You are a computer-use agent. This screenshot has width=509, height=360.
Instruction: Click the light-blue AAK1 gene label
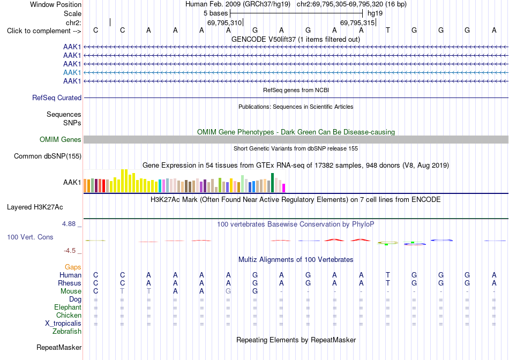72,72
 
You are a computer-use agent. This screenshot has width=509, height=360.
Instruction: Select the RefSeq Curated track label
57,97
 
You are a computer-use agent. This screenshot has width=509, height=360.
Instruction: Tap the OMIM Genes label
61,140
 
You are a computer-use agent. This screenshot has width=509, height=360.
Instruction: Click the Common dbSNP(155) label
48,156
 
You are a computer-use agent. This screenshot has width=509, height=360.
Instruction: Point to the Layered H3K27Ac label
35,207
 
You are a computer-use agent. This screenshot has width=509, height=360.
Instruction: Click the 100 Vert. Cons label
30,237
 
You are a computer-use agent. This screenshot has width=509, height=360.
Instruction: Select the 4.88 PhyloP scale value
69,224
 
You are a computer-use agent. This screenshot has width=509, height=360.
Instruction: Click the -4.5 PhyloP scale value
70,251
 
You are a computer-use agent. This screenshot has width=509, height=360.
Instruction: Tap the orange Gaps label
73,267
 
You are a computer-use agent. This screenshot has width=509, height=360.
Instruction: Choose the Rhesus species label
70,283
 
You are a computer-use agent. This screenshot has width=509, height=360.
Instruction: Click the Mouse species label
71,291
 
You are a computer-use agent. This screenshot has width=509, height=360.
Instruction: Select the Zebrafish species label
67,332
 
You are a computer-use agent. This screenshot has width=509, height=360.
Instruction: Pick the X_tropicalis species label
63,324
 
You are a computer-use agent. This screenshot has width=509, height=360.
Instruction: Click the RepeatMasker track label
59,347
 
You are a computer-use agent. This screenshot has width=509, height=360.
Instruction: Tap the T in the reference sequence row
387,30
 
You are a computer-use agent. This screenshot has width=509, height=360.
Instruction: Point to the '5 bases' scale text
215,13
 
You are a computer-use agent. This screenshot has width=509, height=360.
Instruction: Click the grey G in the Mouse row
228,291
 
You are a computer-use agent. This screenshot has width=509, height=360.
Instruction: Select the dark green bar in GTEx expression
272,183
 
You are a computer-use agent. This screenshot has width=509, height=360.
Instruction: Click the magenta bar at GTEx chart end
284,188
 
